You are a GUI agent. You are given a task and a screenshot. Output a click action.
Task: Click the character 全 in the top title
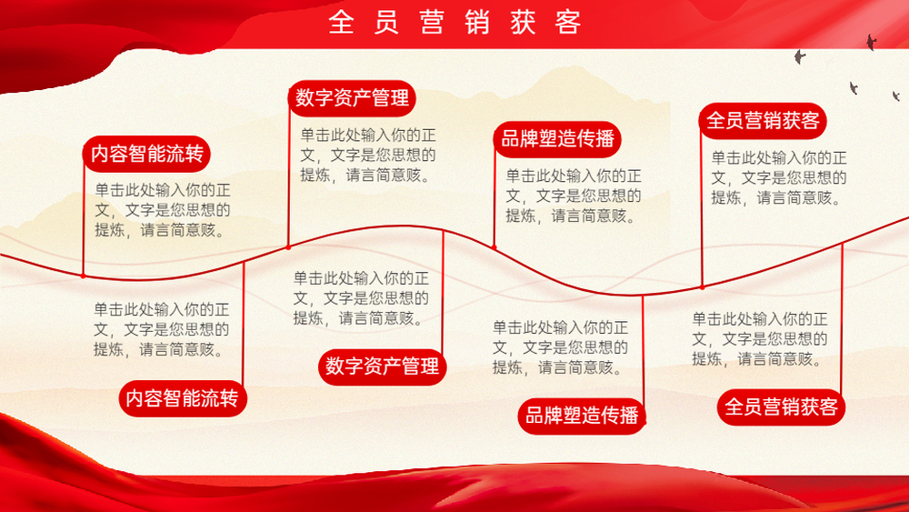coord(341,23)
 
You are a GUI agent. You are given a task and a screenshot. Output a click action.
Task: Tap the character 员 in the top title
coord(386,23)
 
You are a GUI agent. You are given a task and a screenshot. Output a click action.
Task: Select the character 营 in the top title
coord(432,23)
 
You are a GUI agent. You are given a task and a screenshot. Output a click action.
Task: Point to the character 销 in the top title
coord(477,23)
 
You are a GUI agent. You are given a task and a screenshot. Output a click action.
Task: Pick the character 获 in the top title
coord(523,23)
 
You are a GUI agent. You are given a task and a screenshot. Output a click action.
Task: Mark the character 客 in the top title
coord(568,23)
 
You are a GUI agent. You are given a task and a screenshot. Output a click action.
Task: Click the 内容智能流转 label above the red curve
coord(146,155)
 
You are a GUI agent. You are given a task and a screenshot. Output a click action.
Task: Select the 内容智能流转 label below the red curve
coord(183,398)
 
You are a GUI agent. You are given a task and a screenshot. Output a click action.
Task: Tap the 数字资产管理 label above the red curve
coord(352,98)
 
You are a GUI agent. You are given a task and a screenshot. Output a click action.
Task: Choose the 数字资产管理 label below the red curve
coord(382,366)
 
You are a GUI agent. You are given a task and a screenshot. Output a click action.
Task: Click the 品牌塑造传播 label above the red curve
coord(557,139)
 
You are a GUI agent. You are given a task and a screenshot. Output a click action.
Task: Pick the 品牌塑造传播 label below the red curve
coord(582,416)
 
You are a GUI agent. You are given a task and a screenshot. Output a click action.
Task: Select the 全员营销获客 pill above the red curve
coord(763,121)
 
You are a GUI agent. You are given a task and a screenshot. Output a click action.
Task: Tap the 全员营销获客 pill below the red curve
coord(781,407)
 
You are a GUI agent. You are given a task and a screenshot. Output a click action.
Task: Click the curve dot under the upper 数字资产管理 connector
coord(289,247)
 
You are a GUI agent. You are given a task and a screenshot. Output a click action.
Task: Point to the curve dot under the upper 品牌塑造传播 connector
coord(494,247)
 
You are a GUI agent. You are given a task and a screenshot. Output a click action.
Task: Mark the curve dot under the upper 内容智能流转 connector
coord(84,276)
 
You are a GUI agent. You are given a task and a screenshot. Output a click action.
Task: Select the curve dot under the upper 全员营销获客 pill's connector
coord(702,287)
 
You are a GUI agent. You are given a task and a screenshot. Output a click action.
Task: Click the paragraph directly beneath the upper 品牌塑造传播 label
coord(574,196)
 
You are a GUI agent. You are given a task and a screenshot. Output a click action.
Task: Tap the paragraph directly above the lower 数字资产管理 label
coord(361,298)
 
